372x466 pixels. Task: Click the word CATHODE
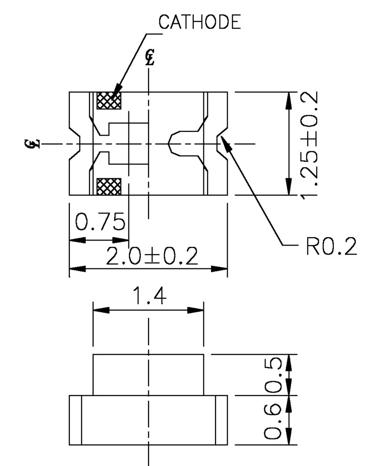[200, 22]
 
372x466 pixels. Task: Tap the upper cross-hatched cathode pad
[108, 101]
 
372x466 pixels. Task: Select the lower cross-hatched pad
[108, 186]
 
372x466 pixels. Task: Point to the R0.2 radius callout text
[331, 247]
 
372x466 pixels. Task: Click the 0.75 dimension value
[100, 222]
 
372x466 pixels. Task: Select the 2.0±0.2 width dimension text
[152, 256]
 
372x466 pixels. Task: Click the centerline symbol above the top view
[149, 56]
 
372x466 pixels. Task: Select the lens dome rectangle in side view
[149, 375]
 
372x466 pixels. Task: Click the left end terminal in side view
[75, 420]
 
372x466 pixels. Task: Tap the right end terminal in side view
[222, 420]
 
